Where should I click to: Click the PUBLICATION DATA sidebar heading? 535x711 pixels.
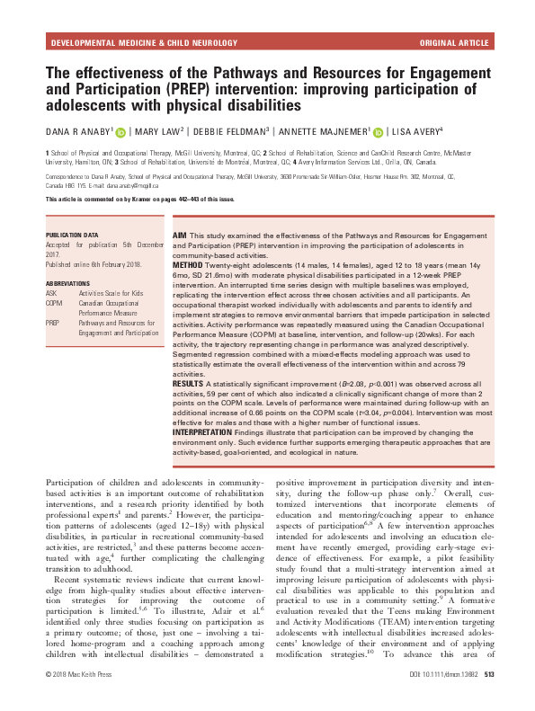[x=74, y=236]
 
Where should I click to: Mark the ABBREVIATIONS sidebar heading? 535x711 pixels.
[x=69, y=284]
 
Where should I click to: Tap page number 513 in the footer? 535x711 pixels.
[x=491, y=698]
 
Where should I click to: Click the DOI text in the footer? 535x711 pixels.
[x=444, y=698]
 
